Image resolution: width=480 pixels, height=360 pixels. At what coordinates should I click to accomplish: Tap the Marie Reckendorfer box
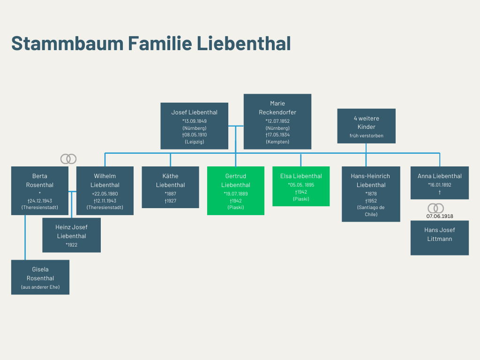click(277, 121)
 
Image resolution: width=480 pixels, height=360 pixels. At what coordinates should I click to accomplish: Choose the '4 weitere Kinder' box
click(366, 126)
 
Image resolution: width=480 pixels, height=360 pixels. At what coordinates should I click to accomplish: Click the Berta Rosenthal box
click(40, 191)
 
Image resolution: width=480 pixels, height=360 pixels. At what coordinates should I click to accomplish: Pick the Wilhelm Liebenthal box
click(105, 191)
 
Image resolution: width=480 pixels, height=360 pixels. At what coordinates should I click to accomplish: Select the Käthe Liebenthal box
click(170, 187)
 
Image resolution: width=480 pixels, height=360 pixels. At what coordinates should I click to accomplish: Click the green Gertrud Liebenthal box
click(235, 191)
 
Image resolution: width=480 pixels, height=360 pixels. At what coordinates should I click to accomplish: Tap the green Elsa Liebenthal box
click(301, 186)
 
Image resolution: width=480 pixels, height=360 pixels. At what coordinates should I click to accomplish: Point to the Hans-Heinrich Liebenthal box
click(371, 194)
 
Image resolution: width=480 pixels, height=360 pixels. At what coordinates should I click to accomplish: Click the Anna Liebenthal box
click(439, 183)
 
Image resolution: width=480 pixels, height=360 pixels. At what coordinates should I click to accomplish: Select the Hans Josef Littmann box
click(439, 238)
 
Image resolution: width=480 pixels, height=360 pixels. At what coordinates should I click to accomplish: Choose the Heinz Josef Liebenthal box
click(71, 235)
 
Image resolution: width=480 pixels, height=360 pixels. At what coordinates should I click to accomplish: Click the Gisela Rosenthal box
click(40, 277)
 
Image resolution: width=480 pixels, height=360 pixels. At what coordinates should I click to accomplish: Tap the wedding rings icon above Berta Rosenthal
click(68, 159)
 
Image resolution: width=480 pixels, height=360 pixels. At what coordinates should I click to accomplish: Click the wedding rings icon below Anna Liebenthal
click(435, 208)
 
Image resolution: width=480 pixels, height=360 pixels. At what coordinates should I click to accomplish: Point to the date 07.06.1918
click(440, 216)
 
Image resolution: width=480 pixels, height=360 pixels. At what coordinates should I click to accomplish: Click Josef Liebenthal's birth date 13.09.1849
click(195, 121)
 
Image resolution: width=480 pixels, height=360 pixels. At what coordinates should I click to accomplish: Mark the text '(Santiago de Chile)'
click(371, 211)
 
